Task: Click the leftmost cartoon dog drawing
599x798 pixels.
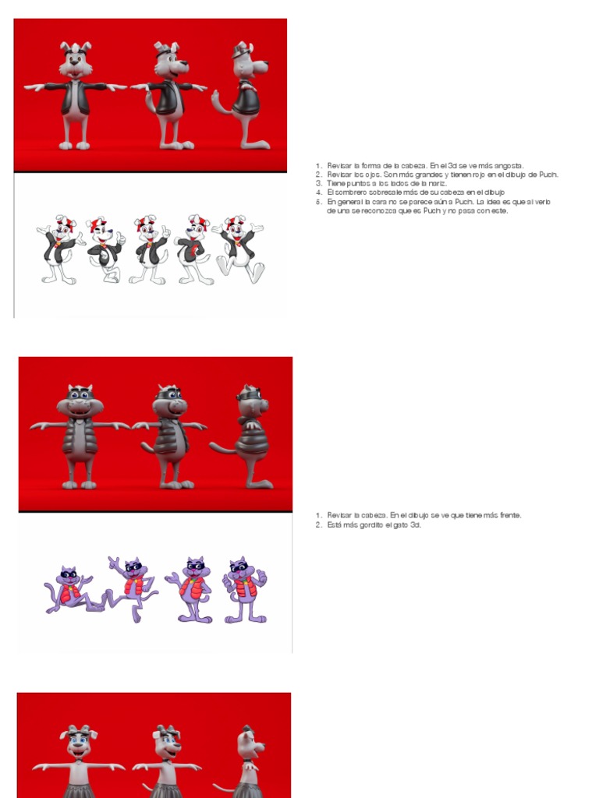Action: pyautogui.click(x=60, y=249)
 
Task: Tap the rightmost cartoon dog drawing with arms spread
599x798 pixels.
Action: pyautogui.click(x=239, y=249)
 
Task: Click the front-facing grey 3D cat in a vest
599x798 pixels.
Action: pyautogui.click(x=80, y=436)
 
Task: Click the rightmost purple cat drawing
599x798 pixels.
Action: pyautogui.click(x=244, y=590)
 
